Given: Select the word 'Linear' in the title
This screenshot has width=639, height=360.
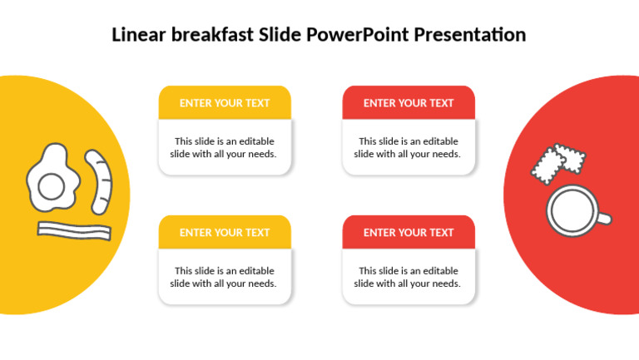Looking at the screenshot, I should pos(139,35).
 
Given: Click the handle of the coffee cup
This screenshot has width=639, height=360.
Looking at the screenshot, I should pos(604,219).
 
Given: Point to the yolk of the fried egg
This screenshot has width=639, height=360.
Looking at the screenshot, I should pos(52,185).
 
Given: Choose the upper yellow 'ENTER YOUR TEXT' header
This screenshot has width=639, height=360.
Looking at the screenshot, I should pos(225,103).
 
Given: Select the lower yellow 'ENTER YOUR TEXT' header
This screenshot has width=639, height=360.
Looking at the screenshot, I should pos(225,233).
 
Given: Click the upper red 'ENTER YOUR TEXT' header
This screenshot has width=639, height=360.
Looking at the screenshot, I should pos(409,103).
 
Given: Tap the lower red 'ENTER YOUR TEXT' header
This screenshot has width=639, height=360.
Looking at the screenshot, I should pos(409,233).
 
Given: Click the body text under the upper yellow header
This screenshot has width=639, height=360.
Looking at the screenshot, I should pos(225,148).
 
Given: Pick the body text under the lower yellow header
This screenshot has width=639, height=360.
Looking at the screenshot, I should pos(225,278).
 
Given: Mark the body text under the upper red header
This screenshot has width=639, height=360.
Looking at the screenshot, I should pos(409,148).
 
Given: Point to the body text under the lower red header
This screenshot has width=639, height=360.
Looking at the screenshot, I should pos(409,278).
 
